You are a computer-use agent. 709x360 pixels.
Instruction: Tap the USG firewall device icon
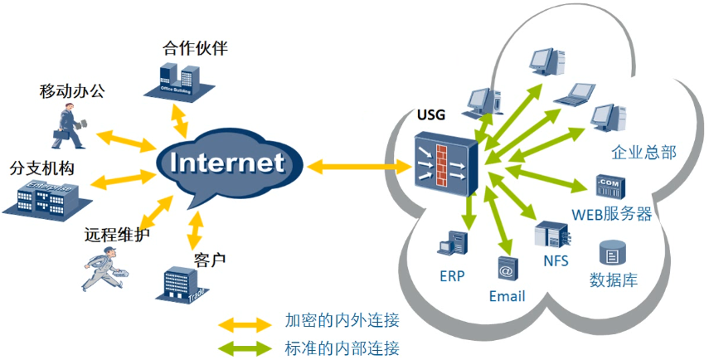446,163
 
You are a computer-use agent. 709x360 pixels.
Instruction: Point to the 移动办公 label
72,90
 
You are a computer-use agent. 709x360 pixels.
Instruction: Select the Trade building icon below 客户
180,285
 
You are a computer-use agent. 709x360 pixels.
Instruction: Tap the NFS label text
556,260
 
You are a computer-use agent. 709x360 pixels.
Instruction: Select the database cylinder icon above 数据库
612,251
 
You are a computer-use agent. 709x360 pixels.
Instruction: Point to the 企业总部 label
643,152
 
